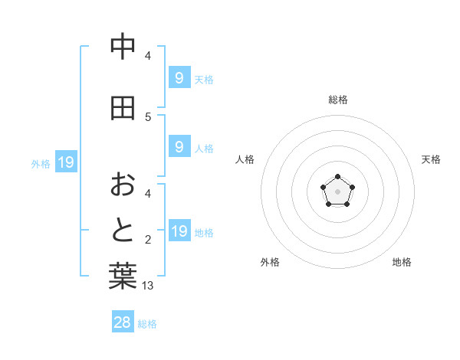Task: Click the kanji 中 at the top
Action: point(123,47)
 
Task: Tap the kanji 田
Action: point(123,108)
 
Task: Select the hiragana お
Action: point(123,184)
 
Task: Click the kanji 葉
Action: point(123,277)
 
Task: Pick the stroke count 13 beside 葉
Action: point(149,286)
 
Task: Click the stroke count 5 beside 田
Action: point(148,116)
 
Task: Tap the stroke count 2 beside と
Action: point(148,240)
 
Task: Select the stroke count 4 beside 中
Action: point(148,55)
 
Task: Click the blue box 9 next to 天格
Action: point(179,77)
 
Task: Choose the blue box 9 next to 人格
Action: point(179,147)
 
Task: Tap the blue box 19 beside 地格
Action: point(179,231)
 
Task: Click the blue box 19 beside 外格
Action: point(65,162)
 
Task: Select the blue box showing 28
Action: point(123,322)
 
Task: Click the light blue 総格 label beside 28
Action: point(147,324)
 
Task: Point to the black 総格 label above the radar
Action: point(337,100)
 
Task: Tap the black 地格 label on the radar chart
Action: point(402,262)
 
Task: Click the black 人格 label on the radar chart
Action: point(245,159)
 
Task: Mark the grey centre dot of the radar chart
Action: point(337,191)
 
